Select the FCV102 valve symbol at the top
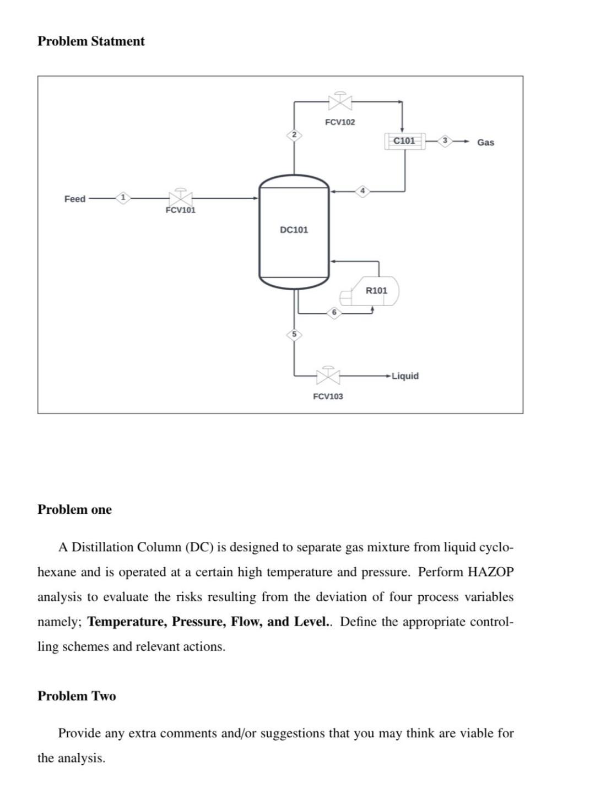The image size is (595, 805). tap(340, 102)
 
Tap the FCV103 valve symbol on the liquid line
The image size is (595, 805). tap(328, 376)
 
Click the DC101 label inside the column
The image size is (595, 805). tap(294, 230)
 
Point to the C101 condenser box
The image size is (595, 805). tap(404, 141)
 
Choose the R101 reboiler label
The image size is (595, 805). tap(377, 290)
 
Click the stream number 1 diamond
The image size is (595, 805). tap(123, 197)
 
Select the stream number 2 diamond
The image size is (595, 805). tap(294, 134)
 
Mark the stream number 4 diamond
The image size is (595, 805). tap(362, 191)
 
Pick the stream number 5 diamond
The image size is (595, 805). tap(294, 334)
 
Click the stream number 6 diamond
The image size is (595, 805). tap(334, 313)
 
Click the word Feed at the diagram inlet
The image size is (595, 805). tap(75, 199)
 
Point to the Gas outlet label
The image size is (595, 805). tap(485, 143)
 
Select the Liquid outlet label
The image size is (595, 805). tap(405, 376)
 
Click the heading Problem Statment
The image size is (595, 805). tap(91, 41)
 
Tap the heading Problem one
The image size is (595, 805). tap(74, 509)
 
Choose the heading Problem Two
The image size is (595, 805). tap(77, 696)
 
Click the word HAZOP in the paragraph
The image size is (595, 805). tap(490, 572)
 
